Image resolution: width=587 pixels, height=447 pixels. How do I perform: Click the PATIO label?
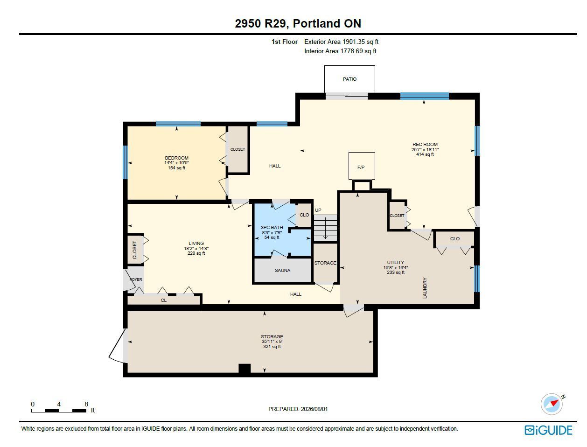(349, 79)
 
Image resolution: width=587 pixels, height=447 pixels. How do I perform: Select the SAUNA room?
(282, 270)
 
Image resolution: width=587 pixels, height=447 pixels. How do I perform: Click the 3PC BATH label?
(272, 227)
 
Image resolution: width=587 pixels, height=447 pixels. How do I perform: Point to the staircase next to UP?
(325, 228)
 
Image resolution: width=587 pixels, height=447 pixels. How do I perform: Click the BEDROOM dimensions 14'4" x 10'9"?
(176, 162)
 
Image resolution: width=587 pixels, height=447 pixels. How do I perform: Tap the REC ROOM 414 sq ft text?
(425, 154)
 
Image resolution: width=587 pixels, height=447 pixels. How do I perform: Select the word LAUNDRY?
(425, 288)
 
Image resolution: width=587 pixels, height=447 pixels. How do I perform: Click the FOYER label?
(136, 279)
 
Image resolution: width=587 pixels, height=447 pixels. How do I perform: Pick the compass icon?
(552, 405)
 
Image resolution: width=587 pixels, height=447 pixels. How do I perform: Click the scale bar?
(59, 411)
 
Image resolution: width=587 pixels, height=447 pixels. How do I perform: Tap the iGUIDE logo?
(548, 430)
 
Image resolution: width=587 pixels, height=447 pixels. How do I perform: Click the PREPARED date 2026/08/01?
(314, 409)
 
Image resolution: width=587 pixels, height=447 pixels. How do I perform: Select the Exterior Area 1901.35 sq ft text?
(341, 42)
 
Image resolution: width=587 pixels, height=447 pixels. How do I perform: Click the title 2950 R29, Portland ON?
(298, 23)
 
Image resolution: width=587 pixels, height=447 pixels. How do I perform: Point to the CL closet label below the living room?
(164, 300)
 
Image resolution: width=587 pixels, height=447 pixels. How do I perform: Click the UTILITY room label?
(395, 262)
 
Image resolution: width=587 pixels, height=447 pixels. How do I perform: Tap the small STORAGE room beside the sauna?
(325, 263)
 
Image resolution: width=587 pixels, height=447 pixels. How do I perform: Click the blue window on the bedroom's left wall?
(125, 162)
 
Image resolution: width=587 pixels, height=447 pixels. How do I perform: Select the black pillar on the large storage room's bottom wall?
(245, 368)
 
